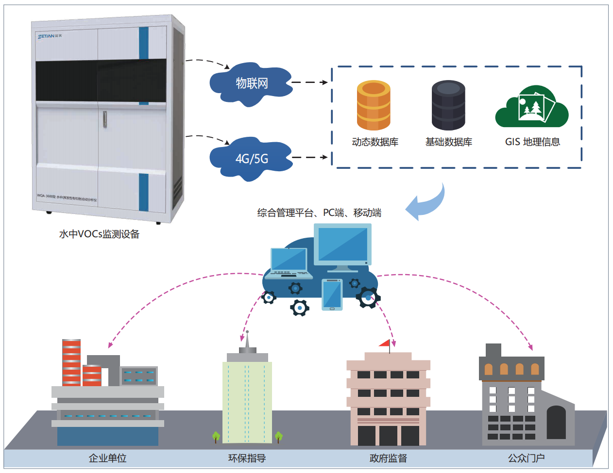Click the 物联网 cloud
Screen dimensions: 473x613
click(x=251, y=83)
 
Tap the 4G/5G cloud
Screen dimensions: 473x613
click(x=251, y=159)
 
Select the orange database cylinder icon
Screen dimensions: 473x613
click(x=374, y=105)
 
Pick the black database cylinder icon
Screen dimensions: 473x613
click(x=448, y=105)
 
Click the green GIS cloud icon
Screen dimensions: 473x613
click(x=532, y=108)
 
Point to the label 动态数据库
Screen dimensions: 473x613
click(x=375, y=142)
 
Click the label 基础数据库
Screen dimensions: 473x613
click(x=448, y=142)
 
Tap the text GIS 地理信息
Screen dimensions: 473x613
click(x=532, y=142)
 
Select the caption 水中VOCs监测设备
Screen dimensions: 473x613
click(x=99, y=234)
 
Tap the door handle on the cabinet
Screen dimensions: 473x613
click(x=104, y=119)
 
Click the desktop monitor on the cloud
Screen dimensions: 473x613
click(x=342, y=245)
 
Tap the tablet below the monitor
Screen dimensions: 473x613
click(x=332, y=294)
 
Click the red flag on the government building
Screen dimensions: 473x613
click(x=385, y=343)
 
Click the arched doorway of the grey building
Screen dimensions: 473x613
click(x=556, y=423)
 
